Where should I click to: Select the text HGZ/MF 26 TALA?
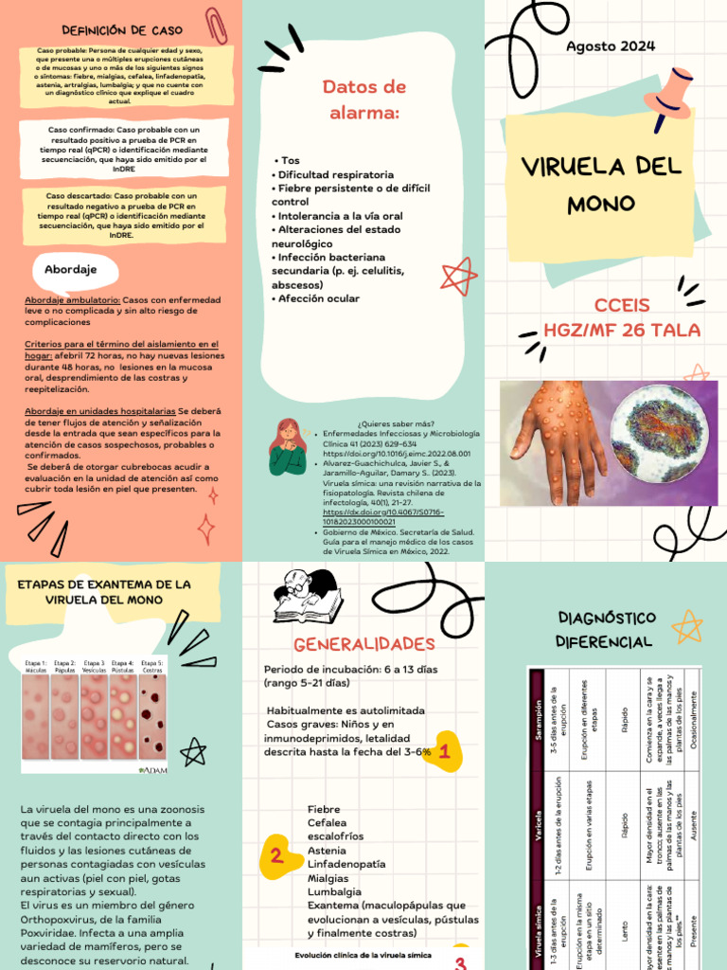[622, 330]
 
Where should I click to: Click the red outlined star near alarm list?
[459, 276]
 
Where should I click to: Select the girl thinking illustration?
[288, 446]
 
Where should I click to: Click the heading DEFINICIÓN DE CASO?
[121, 31]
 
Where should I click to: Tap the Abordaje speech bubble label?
[71, 270]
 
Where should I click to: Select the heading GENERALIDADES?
[363, 644]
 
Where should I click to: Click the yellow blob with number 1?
[443, 753]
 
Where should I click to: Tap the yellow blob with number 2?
[276, 856]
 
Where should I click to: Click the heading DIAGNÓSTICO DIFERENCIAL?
[606, 630]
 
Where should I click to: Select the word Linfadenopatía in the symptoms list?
[346, 865]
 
